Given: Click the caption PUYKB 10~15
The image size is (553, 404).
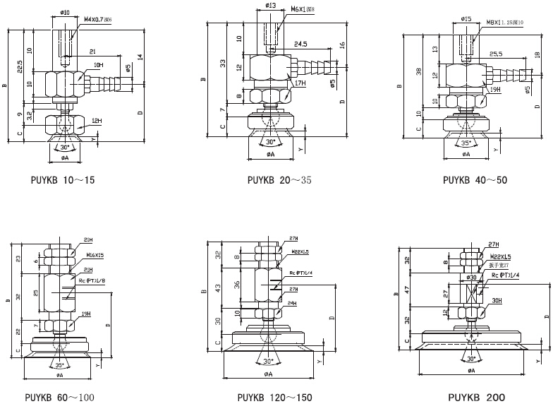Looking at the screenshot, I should pos(63,180).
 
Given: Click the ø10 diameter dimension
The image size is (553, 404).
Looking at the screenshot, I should pos(64,12).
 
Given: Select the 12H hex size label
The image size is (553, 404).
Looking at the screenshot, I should pos(97,122).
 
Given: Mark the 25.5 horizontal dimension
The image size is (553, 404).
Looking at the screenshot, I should pos(495,53).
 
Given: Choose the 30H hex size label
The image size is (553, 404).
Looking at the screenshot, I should pos(498,300).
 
